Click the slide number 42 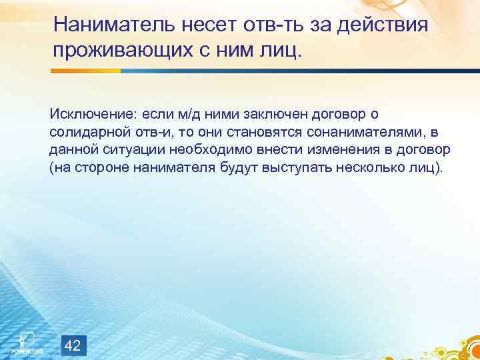(74, 345)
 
